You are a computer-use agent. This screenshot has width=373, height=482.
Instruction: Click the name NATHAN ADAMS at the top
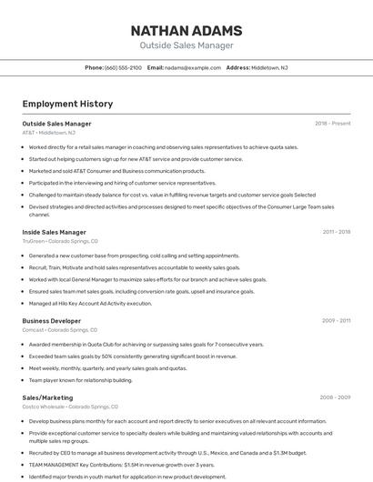point(186,30)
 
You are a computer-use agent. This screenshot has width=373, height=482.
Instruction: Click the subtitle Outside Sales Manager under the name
point(186,45)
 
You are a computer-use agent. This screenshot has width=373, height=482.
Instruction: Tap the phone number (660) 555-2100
point(123,67)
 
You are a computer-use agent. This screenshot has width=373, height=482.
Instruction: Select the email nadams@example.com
point(193,67)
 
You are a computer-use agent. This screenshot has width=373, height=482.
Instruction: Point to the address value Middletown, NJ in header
point(269,67)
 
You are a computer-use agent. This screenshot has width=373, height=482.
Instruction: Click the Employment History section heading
point(61,105)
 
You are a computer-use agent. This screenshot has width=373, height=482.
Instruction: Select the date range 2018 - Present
point(333,124)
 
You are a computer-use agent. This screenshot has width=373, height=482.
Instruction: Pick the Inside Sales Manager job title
point(54,232)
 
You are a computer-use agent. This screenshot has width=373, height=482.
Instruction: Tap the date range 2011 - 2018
point(337,232)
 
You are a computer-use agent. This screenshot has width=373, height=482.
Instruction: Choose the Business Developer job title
point(52,320)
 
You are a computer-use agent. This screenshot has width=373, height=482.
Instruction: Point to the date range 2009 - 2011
point(337,320)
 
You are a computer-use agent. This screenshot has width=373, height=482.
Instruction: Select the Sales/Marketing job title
point(47,397)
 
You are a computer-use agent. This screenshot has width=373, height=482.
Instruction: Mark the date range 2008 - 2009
point(336,397)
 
